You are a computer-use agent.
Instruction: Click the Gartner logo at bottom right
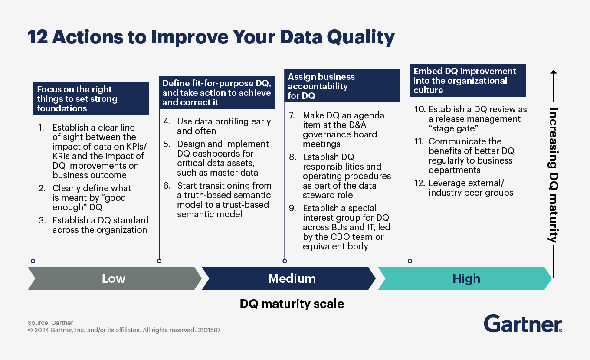click(x=523, y=324)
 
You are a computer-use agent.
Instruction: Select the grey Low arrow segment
click(x=114, y=278)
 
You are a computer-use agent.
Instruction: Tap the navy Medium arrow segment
click(x=292, y=278)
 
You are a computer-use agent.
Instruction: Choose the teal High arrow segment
click(x=466, y=278)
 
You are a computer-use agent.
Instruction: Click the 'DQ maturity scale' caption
click(x=292, y=304)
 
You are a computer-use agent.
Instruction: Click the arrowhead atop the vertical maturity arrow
click(x=554, y=72)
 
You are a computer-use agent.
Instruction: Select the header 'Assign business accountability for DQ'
click(x=341, y=86)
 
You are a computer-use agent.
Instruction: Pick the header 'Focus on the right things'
click(x=91, y=99)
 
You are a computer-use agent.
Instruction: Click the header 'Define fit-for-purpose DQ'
click(x=216, y=92)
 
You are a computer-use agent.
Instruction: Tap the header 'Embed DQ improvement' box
click(x=467, y=81)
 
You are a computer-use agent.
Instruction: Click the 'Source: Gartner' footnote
click(x=51, y=323)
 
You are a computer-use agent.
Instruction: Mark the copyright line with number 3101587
click(x=124, y=330)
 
